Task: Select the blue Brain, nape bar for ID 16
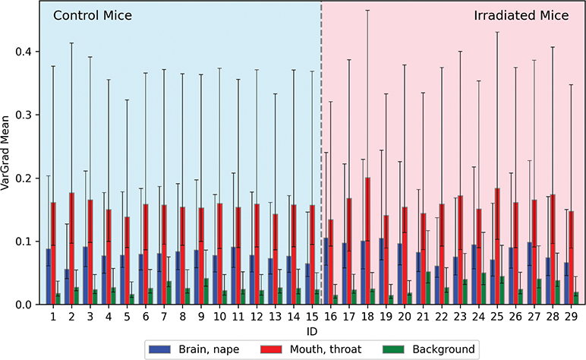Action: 326,271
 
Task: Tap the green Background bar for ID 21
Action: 428,288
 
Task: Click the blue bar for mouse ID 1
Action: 49,276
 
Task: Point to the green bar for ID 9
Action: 206,292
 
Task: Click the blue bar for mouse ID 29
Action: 566,283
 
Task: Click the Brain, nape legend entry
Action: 194,349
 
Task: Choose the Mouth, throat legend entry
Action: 311,349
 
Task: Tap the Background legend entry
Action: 429,349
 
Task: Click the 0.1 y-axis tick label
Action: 24,242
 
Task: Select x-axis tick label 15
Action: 312,317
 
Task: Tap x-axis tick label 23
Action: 460,317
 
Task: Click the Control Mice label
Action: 93,16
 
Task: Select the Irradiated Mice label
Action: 521,16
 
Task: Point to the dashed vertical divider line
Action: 321,153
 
